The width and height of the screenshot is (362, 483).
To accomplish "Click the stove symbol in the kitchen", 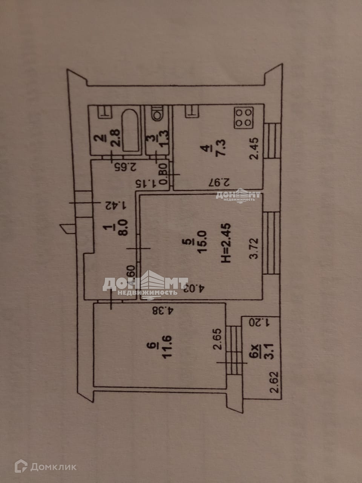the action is coord(244,118).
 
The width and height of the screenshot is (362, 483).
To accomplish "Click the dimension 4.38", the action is coord(163,311).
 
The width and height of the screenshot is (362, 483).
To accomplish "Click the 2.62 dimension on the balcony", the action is coord(275,382).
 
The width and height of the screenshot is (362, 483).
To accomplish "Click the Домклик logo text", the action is coord(53,467).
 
